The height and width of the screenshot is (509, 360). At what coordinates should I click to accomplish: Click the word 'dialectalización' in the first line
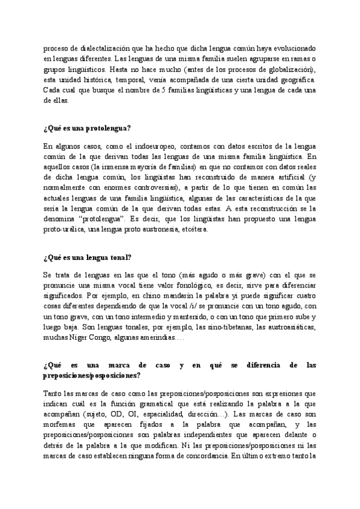(97, 47)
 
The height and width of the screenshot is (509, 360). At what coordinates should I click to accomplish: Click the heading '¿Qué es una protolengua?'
(88, 128)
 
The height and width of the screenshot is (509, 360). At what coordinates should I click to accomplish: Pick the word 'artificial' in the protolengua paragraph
(293, 178)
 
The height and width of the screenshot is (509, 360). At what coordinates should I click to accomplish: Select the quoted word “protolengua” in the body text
(103, 221)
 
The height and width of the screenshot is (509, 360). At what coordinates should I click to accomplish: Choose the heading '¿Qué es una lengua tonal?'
(87, 259)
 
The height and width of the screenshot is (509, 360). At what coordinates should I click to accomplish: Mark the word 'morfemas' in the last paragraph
(60, 408)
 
